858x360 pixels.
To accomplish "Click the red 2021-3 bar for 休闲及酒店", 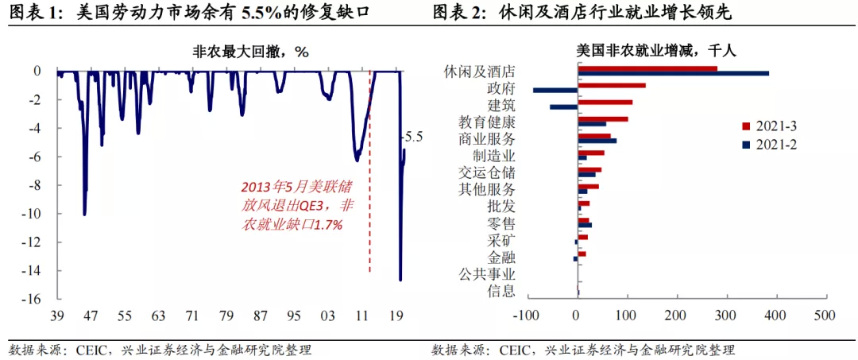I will (x=647, y=68).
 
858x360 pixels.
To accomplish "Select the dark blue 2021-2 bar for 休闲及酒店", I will (x=673, y=74).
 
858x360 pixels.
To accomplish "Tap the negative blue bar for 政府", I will (x=555, y=91).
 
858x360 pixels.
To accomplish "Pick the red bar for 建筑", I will (x=605, y=102).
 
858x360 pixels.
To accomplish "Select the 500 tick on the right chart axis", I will (x=824, y=315).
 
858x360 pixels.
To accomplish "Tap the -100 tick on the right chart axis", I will (x=528, y=315).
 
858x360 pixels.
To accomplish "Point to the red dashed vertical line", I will (x=369, y=199).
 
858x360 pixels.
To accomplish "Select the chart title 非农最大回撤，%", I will (x=250, y=51).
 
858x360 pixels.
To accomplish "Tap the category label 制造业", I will (x=494, y=156).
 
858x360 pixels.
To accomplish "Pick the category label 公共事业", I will (x=487, y=274).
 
